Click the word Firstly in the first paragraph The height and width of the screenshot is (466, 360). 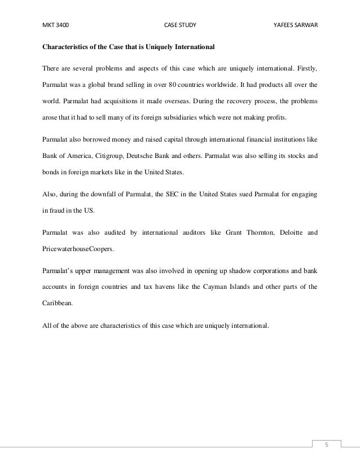point(305,69)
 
